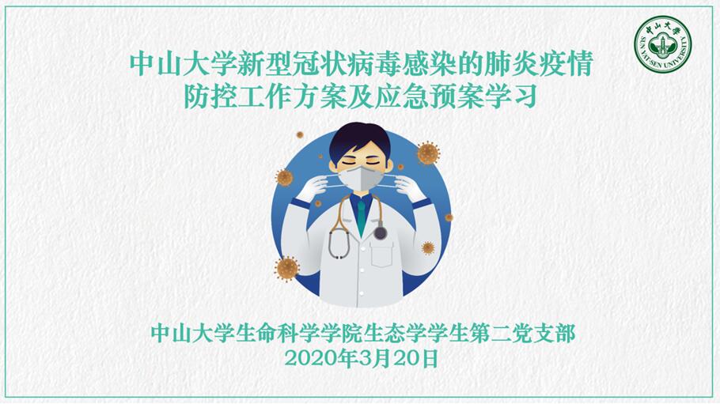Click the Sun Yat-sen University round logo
662,44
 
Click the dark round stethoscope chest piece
380,232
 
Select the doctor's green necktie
362,217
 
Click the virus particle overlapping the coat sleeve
428,248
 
